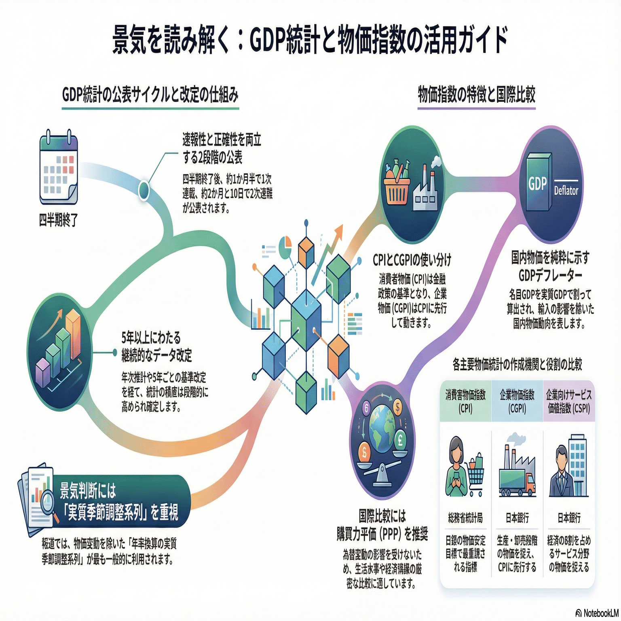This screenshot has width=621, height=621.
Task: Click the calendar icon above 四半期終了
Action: point(59,169)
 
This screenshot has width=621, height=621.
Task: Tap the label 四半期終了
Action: point(59,221)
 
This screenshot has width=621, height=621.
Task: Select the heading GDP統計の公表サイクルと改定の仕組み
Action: point(150,95)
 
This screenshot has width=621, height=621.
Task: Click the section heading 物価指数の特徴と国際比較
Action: point(476,95)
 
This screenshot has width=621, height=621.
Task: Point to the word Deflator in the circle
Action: point(566,191)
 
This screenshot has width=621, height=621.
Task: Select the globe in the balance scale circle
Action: point(382,429)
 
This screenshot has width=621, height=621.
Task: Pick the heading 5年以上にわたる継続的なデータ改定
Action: point(157,346)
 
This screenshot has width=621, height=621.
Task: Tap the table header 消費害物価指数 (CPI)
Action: point(465,401)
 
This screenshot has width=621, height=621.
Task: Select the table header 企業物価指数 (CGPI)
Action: point(517,401)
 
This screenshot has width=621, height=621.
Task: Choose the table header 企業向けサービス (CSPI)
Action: point(568,401)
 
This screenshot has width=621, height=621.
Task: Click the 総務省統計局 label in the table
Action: point(465,517)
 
